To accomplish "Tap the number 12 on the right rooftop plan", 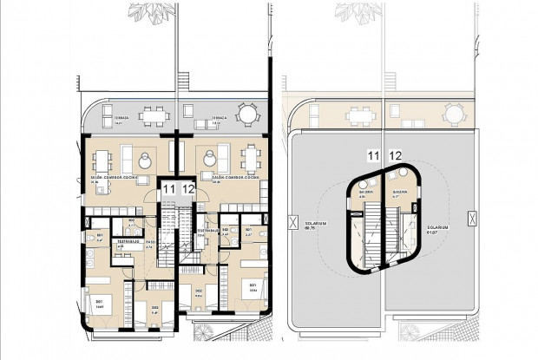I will pos(397,156).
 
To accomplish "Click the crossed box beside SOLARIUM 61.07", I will pos(471,219).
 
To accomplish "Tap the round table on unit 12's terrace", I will pos(247,114).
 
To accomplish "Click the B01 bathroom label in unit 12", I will pos(247,231).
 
